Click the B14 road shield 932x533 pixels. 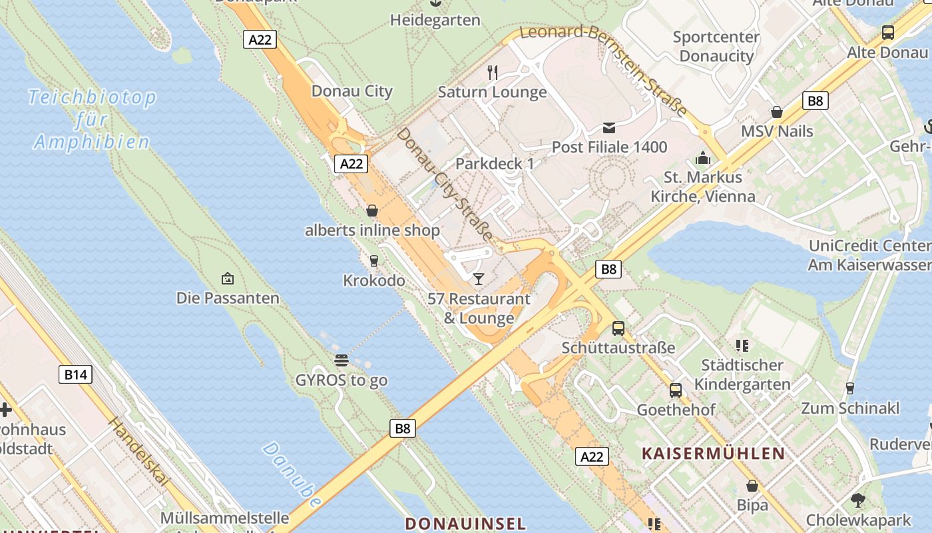pyautogui.click(x=75, y=374)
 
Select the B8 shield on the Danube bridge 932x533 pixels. pyautogui.click(x=403, y=428)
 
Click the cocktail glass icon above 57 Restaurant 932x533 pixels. pyautogui.click(x=478, y=278)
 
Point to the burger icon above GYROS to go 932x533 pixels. pyautogui.click(x=342, y=360)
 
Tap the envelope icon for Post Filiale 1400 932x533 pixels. pyautogui.click(x=609, y=128)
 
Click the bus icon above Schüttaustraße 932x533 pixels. pyautogui.click(x=618, y=328)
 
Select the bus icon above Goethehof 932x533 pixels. pyautogui.click(x=676, y=390)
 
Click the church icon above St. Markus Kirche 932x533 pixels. pyautogui.click(x=702, y=159)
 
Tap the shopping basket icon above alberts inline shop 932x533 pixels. pyautogui.click(x=372, y=211)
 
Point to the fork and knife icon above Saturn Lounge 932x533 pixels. pyautogui.click(x=493, y=72)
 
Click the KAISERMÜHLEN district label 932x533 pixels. pyautogui.click(x=713, y=454)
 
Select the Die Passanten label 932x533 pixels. pyautogui.click(x=228, y=298)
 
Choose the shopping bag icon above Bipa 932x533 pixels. pyautogui.click(x=752, y=486)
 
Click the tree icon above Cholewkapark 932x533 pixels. pyautogui.click(x=858, y=500)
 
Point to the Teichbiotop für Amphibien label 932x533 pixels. pyautogui.click(x=92, y=119)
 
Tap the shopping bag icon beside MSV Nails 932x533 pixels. pyautogui.click(x=776, y=112)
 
